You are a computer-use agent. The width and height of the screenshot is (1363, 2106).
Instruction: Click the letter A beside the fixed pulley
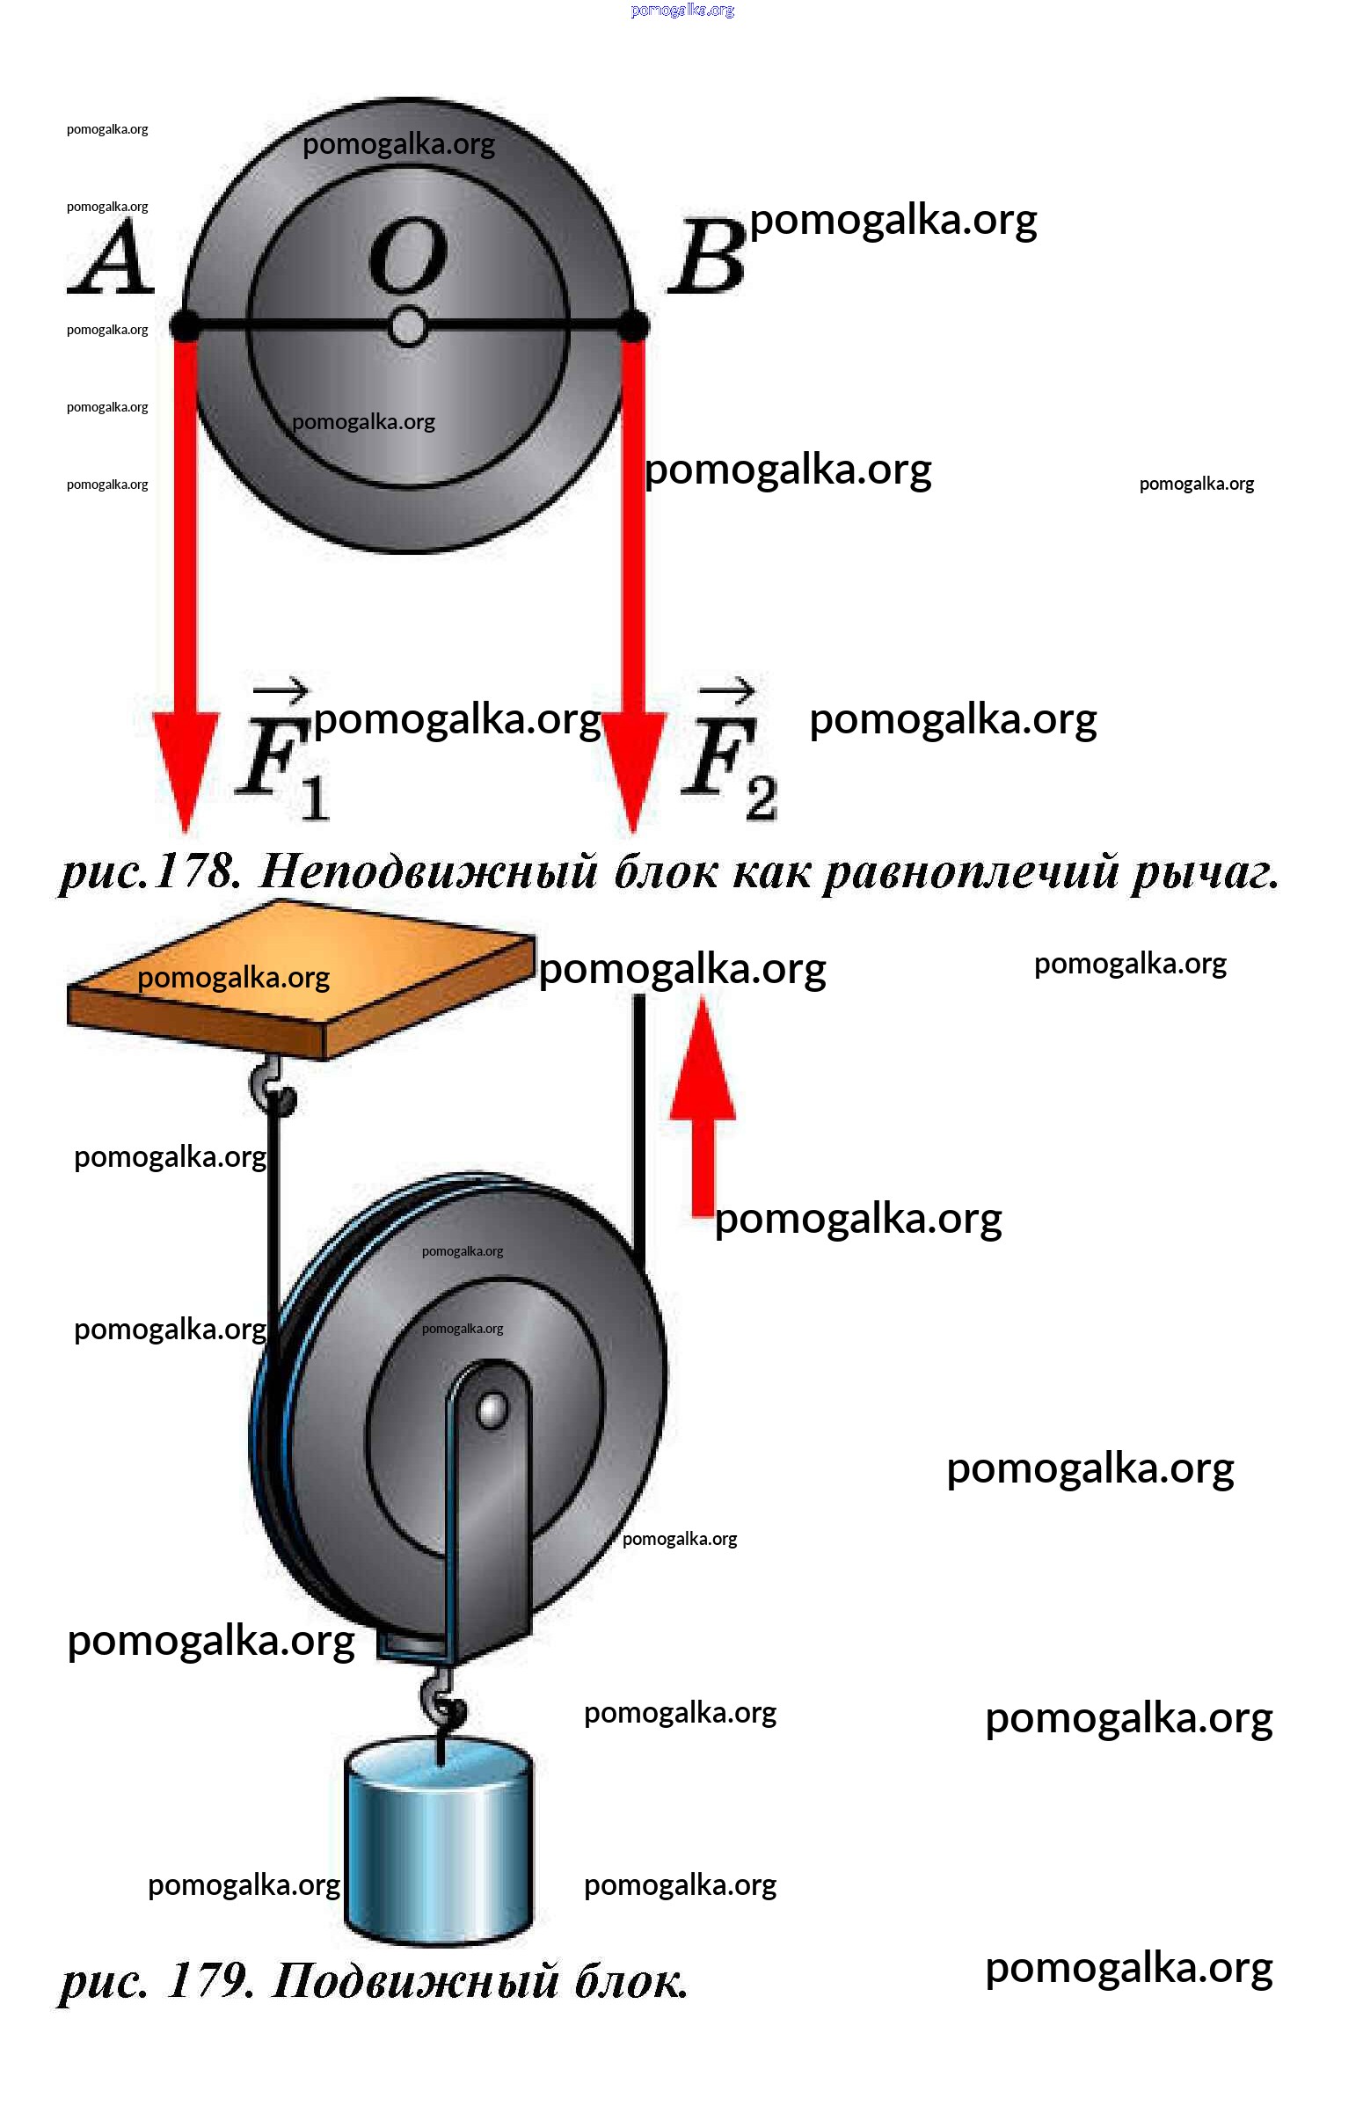point(112,259)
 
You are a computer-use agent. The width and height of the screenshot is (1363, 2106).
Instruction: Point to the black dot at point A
point(185,325)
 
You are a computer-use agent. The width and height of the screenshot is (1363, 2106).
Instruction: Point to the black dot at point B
point(633,325)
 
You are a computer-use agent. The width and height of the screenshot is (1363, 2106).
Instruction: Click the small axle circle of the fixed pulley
point(407,327)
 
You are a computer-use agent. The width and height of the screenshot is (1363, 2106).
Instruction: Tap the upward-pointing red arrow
point(703,1106)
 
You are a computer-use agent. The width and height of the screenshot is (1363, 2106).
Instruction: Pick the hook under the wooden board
point(271,1089)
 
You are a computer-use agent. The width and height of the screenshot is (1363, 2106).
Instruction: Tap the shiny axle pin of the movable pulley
point(491,1410)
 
